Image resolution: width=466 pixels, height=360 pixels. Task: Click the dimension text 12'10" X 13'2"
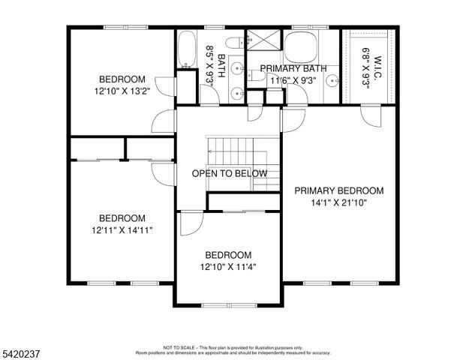[122, 91]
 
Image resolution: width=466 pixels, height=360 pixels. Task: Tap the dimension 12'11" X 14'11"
[122, 230]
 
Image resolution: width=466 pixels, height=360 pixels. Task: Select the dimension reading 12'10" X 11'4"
[228, 266]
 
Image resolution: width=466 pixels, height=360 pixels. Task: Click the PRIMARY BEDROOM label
[338, 190]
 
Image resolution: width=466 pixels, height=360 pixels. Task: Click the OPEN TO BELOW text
[230, 173]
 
